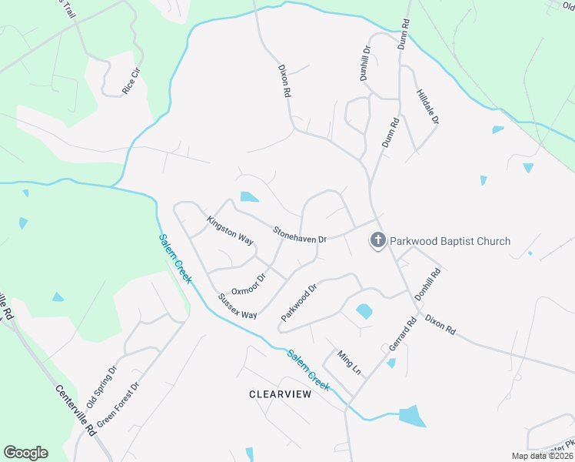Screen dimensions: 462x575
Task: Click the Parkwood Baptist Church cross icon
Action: pos(377,241)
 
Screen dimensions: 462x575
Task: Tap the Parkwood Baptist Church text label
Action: pos(450,241)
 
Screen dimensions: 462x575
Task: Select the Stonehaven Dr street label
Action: pos(301,234)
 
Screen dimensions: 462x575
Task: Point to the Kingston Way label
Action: pos(230,230)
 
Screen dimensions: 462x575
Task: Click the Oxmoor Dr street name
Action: pos(248,283)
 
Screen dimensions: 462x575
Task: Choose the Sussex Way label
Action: pos(237,306)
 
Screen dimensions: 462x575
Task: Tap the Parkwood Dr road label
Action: pos(299,303)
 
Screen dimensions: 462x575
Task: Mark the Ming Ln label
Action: pos(350,361)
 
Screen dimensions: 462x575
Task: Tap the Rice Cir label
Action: pos(131,82)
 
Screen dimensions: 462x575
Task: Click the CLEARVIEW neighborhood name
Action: pos(280,394)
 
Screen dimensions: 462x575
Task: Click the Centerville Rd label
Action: pos(74,407)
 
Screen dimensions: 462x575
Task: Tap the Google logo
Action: pos(25,453)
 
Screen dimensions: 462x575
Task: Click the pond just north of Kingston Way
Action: pos(249,197)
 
